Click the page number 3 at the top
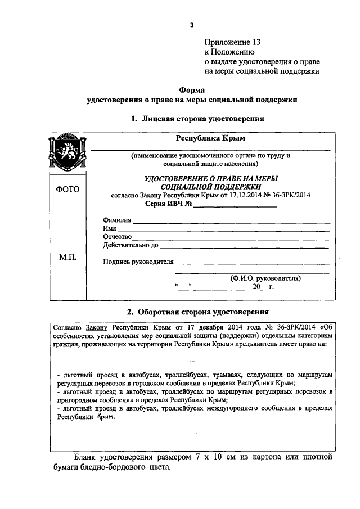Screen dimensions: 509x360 191,25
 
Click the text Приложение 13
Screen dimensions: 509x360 232,42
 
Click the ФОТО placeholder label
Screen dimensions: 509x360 67,190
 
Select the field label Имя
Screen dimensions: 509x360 109,228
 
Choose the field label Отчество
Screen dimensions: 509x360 117,237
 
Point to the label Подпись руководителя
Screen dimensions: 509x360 138,262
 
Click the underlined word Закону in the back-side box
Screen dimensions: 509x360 96,327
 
